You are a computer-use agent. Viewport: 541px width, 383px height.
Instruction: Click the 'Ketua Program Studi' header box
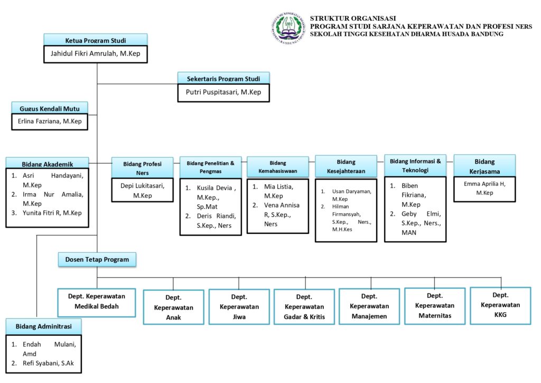point(95,40)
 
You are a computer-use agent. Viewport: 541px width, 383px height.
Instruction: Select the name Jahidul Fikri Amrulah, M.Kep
point(95,53)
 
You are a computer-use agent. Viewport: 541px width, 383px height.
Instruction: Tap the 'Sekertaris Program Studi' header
point(223,79)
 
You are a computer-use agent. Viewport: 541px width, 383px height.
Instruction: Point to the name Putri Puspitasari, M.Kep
point(223,92)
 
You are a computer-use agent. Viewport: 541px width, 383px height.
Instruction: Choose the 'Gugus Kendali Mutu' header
point(50,108)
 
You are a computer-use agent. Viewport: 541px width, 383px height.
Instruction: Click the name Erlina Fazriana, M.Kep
point(50,122)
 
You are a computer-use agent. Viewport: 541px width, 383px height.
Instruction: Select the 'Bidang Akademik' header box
point(47,163)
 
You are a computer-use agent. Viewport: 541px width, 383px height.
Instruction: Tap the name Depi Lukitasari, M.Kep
point(143,190)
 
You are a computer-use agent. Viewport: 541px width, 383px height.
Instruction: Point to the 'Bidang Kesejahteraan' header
point(346,166)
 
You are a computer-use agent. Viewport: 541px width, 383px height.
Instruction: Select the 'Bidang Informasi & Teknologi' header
point(415,166)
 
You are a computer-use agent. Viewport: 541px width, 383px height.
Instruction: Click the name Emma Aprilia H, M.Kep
point(484,188)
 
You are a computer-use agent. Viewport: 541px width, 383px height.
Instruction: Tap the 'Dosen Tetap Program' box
point(97,259)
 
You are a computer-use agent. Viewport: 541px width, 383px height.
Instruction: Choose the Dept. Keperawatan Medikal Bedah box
point(97,302)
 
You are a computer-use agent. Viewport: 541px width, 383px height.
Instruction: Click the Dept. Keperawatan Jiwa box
point(239,307)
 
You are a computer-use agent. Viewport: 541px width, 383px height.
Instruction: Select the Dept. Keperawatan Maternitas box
point(434,305)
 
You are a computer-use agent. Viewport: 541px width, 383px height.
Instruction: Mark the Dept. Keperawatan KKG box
point(500,305)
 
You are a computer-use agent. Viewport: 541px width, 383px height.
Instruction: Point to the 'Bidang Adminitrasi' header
point(43,326)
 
